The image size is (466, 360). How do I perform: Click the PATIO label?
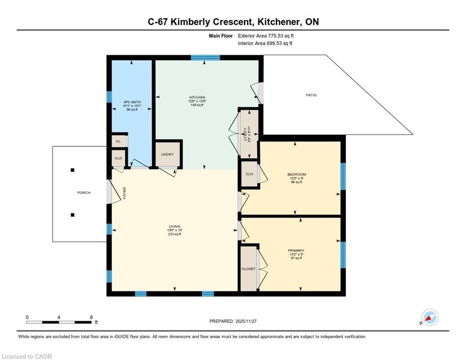pos(311,95)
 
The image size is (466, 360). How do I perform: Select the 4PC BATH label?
pos(132,102)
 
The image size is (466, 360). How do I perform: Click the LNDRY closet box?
pos(168,154)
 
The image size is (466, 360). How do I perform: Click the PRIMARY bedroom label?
pos(296,251)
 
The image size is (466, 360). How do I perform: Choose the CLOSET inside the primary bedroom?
pos(248,269)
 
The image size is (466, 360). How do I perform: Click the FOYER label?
pos(125,193)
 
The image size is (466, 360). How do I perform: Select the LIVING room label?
pos(174,226)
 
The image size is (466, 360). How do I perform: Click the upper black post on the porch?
pos(73,170)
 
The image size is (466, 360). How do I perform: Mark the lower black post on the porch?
pos(73,215)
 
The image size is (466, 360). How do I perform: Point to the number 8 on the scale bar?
pos(90,317)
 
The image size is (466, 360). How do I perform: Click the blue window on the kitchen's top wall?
pos(205,58)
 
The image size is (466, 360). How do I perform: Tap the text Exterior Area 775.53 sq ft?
pos(266,36)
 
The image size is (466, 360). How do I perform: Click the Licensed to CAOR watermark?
pos(27,357)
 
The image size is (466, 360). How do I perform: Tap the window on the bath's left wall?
pos(109,97)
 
